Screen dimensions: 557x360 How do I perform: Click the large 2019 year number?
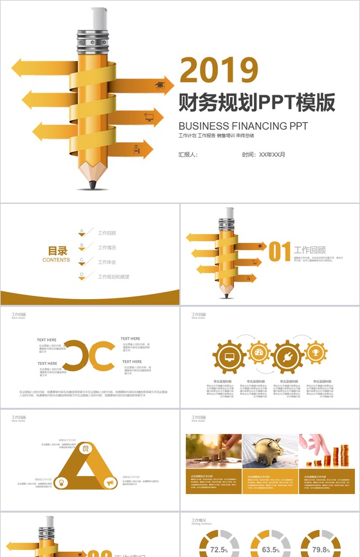coord(219,70)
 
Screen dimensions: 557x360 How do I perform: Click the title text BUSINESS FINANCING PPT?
coord(243,125)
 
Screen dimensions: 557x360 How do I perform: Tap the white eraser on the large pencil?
coord(98,18)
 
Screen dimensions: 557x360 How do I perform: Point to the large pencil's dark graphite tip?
coord(93,185)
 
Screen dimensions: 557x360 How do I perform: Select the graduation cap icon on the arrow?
coord(159,85)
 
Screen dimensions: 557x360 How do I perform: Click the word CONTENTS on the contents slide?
coord(57,260)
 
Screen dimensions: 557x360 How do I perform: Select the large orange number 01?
coord(280,251)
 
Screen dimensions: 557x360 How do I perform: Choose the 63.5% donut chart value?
coord(271,550)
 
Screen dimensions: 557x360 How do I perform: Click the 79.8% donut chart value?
coord(321,550)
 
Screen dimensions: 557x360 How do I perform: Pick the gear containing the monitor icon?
coord(228,356)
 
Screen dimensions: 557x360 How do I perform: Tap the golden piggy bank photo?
coord(270,451)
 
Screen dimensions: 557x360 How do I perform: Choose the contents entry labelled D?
coord(113,277)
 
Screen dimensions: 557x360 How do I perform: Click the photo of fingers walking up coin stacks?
coord(327,451)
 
